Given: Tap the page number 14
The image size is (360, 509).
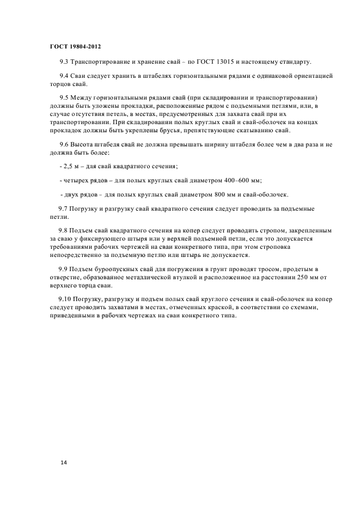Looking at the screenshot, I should pyautogui.click(x=64, y=462).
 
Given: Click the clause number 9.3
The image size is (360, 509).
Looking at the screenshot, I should pyautogui.click(x=64, y=61).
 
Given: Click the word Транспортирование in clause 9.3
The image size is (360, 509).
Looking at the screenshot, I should pyautogui.click(x=101, y=61).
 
